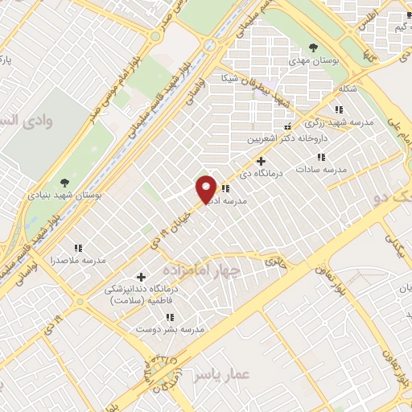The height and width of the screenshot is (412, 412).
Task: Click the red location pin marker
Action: coord(207,188)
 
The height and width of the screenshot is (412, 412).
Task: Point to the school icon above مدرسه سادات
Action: coord(320,157)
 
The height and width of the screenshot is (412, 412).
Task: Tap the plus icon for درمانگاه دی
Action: coord(261,161)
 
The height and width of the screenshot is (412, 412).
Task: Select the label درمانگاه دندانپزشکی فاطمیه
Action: coord(138,294)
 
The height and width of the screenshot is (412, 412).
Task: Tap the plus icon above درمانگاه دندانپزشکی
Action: coord(141,276)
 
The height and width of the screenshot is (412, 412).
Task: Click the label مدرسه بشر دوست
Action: coord(170,330)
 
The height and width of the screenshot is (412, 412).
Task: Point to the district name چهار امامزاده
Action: coord(200,271)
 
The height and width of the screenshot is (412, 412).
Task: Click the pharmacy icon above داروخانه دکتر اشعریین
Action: coord(287,126)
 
